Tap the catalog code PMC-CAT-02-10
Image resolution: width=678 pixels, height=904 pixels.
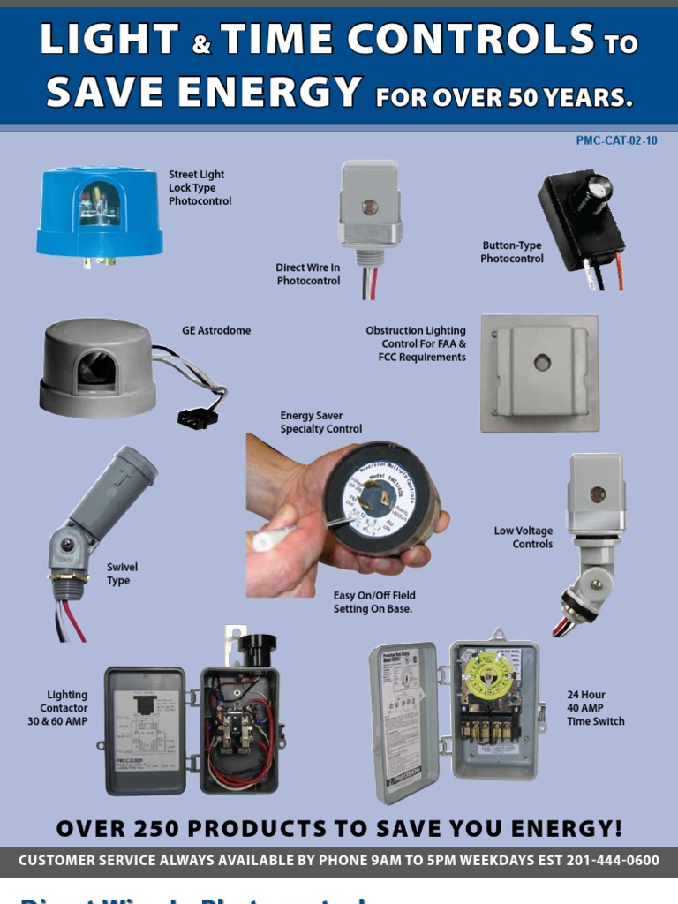click(x=616, y=140)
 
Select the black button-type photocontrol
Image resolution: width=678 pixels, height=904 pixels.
click(x=582, y=219)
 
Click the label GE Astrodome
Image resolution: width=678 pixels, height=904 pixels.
click(x=216, y=331)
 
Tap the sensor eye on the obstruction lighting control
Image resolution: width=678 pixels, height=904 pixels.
click(x=542, y=362)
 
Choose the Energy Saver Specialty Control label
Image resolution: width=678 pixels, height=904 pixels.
click(x=320, y=422)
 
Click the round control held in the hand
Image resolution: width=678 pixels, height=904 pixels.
click(x=381, y=497)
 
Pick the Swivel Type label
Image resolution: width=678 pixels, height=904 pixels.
click(x=122, y=574)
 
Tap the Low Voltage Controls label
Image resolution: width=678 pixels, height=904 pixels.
click(x=524, y=538)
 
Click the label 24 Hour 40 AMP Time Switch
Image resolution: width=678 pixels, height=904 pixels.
click(x=595, y=708)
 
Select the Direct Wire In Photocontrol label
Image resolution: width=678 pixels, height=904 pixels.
click(x=307, y=274)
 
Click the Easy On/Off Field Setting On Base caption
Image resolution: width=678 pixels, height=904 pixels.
click(x=373, y=602)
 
